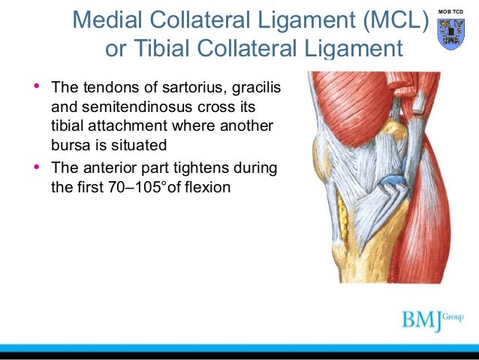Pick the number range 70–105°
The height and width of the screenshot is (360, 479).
pos(140,185)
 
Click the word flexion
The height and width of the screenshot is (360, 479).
pos(206,185)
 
